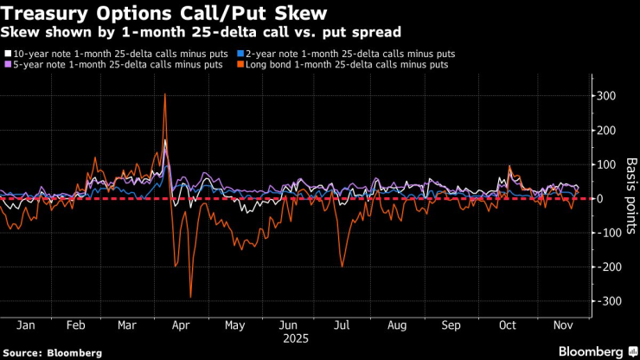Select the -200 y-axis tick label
(609, 267)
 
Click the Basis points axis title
(630, 199)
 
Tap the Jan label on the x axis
(25, 326)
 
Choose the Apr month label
(180, 326)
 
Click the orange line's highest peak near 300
(164, 94)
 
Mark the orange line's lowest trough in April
(190, 298)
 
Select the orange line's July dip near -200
(342, 266)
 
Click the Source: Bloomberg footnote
(52, 353)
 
